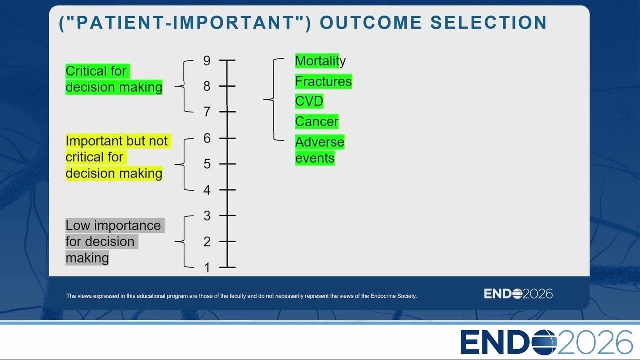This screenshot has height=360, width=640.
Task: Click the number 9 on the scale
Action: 207,61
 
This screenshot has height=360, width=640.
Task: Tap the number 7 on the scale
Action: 207,112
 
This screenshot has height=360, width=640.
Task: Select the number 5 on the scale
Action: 207,164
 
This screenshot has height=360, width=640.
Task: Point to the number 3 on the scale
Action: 207,216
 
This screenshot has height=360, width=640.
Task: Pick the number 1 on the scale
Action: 207,268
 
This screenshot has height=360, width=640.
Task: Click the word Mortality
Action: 320,61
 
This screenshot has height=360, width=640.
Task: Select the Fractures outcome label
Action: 323,81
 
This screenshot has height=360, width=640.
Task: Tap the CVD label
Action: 309,101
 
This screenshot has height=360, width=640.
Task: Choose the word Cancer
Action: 317,121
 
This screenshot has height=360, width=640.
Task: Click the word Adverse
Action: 320,142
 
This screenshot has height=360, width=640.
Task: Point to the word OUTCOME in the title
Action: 371,22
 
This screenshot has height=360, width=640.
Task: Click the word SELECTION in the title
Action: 488,22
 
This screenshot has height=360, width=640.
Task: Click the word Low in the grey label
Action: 78,225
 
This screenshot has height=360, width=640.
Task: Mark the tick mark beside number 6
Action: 227,138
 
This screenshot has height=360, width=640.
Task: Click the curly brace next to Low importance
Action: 184,241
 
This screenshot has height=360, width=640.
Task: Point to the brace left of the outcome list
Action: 273,99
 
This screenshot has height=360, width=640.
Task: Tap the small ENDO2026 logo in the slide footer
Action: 518,294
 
